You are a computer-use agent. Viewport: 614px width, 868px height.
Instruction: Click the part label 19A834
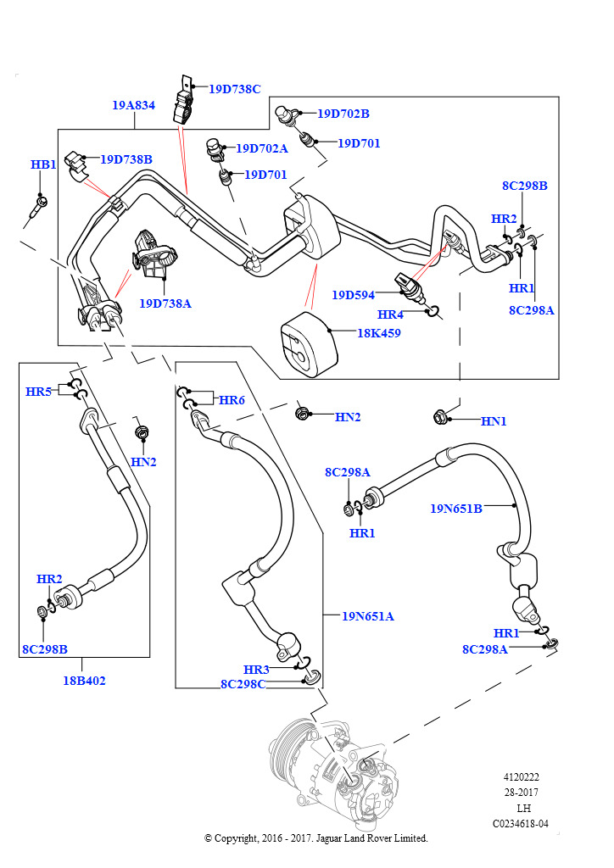(x=133, y=105)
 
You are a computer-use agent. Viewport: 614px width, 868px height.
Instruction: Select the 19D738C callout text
(x=235, y=89)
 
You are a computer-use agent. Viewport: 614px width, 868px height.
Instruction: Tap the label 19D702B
(x=343, y=114)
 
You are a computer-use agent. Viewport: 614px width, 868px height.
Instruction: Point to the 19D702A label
(x=262, y=148)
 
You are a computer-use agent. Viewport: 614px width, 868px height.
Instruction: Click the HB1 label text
(x=43, y=164)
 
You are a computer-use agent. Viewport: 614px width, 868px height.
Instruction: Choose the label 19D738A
(x=165, y=303)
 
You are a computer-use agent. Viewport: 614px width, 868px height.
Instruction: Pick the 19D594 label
(x=354, y=295)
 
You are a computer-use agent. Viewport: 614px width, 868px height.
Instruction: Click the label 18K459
(x=379, y=333)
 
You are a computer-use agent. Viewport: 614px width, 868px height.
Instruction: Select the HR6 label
(x=232, y=400)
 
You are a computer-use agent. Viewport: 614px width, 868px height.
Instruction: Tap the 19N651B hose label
(x=456, y=509)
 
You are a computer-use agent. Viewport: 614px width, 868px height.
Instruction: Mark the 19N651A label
(x=368, y=616)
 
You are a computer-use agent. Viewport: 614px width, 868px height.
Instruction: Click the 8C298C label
(x=243, y=684)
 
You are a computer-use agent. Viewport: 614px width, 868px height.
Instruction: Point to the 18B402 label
(x=84, y=681)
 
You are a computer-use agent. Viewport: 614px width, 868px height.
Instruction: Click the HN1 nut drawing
(x=440, y=416)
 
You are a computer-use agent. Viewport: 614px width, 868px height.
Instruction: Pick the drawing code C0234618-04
(x=521, y=824)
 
